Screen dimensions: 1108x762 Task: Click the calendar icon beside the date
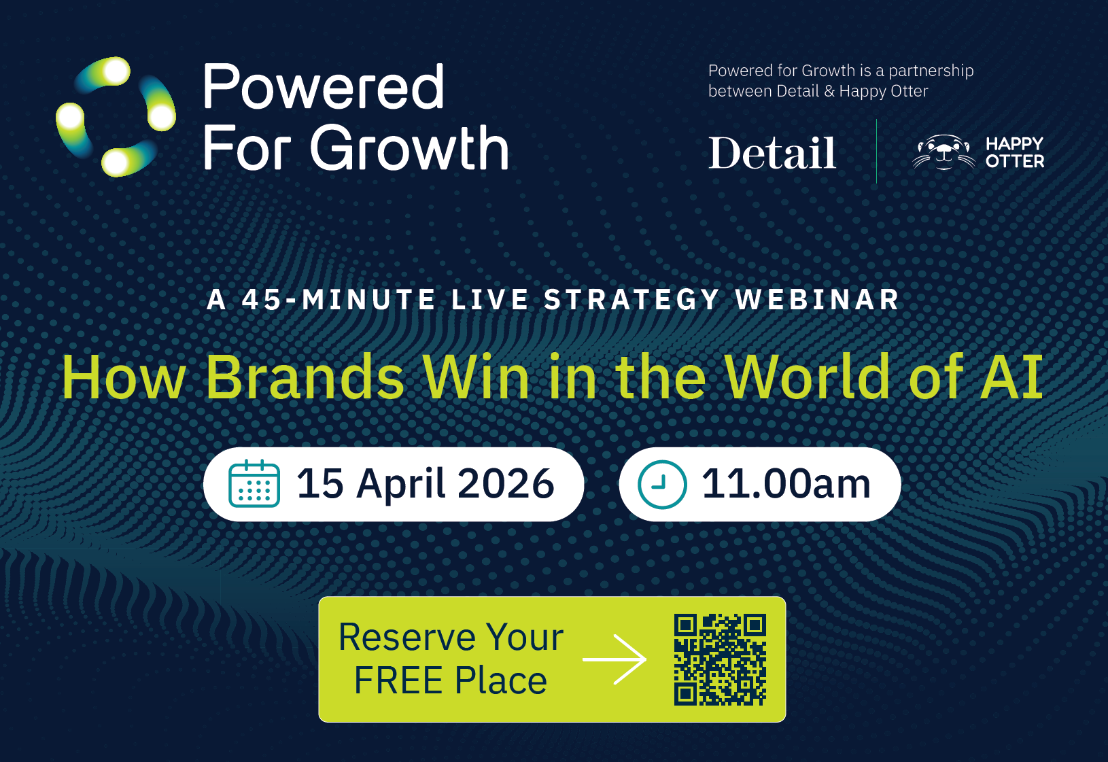pos(254,483)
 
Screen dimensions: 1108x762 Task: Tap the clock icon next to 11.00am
pos(662,485)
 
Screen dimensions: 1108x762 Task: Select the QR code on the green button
pos(721,659)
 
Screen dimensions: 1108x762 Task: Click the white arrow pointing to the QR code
pos(615,659)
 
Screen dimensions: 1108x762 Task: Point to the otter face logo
pos(943,152)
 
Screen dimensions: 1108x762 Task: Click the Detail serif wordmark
pos(772,153)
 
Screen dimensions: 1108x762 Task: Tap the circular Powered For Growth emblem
pos(116,117)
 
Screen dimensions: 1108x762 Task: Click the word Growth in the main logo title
pos(409,148)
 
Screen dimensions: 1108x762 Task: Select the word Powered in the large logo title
pos(324,86)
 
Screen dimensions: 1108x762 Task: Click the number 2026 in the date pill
pos(506,483)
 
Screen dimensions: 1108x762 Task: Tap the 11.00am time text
pos(786,484)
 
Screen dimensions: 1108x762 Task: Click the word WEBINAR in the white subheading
pos(817,300)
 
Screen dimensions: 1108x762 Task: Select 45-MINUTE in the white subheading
pos(339,300)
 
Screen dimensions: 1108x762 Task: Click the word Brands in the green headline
pos(305,377)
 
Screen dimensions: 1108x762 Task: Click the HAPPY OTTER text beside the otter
pos(1014,152)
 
